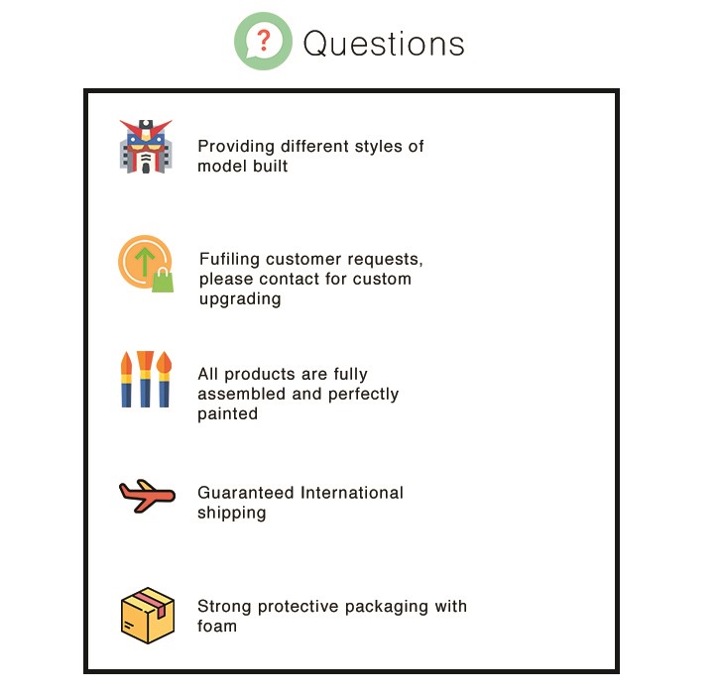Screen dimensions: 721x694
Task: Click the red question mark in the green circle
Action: click(263, 40)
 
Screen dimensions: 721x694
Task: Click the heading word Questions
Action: click(384, 45)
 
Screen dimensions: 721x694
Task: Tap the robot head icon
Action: click(146, 147)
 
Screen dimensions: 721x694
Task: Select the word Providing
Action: click(236, 147)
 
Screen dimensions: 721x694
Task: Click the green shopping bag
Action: click(163, 281)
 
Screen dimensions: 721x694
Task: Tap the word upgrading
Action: click(240, 299)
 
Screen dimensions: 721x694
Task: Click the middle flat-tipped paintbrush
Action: click(145, 379)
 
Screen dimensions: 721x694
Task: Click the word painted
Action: click(228, 414)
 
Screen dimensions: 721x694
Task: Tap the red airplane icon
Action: click(147, 496)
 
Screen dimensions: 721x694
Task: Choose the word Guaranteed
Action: click(246, 493)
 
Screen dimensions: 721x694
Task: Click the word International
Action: click(352, 493)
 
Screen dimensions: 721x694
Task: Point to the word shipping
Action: click(232, 513)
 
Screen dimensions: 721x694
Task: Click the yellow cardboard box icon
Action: click(148, 616)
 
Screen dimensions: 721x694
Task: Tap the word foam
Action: click(217, 626)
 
